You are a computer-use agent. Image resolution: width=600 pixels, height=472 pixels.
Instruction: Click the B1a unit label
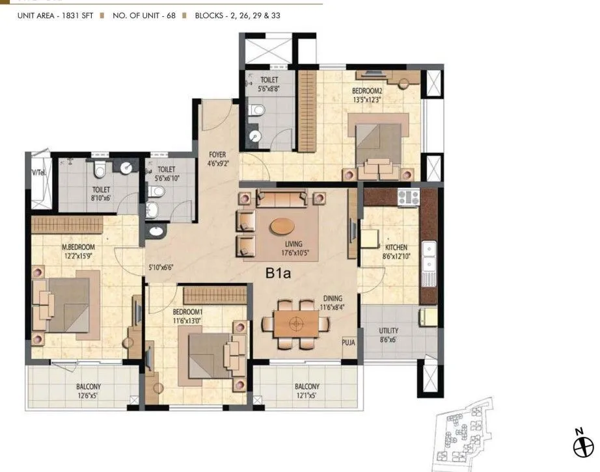tap(277, 274)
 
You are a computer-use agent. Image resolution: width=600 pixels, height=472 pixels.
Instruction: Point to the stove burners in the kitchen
tap(409, 197)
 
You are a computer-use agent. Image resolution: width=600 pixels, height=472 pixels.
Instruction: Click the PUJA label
tap(349, 342)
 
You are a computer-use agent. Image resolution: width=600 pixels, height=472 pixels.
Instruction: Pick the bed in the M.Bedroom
tap(68, 304)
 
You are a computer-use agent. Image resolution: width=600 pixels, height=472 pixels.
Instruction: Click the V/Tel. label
tap(39, 172)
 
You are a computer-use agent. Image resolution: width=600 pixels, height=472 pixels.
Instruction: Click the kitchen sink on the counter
tap(429, 256)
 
